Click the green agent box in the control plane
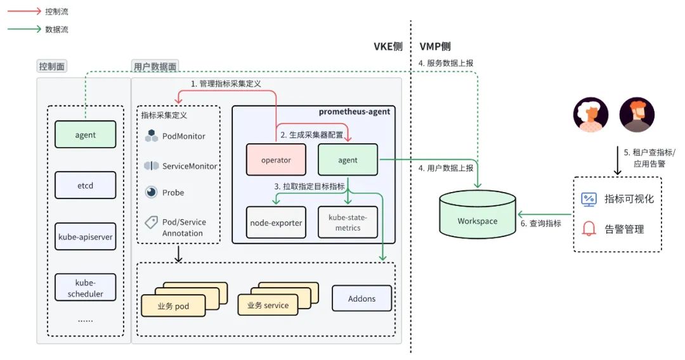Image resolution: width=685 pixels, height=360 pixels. click(86, 134)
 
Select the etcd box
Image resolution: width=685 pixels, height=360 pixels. click(86, 186)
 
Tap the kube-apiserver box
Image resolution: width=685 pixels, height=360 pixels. click(86, 236)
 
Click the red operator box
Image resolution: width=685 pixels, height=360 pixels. click(276, 160)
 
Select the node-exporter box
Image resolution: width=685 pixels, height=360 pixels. click(276, 222)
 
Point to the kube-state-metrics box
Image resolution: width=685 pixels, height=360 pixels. click(348, 222)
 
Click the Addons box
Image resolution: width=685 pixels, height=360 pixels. click(362, 298)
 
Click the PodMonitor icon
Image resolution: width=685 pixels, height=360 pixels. click(151, 136)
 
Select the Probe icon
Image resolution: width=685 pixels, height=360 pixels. click(151, 192)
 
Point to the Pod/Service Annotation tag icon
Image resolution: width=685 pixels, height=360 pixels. click(151, 222)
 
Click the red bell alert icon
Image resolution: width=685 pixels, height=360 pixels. click(589, 229)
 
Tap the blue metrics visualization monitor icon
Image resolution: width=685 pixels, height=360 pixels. click(589, 199)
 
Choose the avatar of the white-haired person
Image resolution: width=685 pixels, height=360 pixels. click(591, 115)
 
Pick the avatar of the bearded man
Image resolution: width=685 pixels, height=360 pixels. click(636, 115)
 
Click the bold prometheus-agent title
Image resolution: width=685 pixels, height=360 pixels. click(354, 112)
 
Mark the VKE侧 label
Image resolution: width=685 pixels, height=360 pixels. click(388, 47)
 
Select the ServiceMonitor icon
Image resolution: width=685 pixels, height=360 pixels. click(151, 166)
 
